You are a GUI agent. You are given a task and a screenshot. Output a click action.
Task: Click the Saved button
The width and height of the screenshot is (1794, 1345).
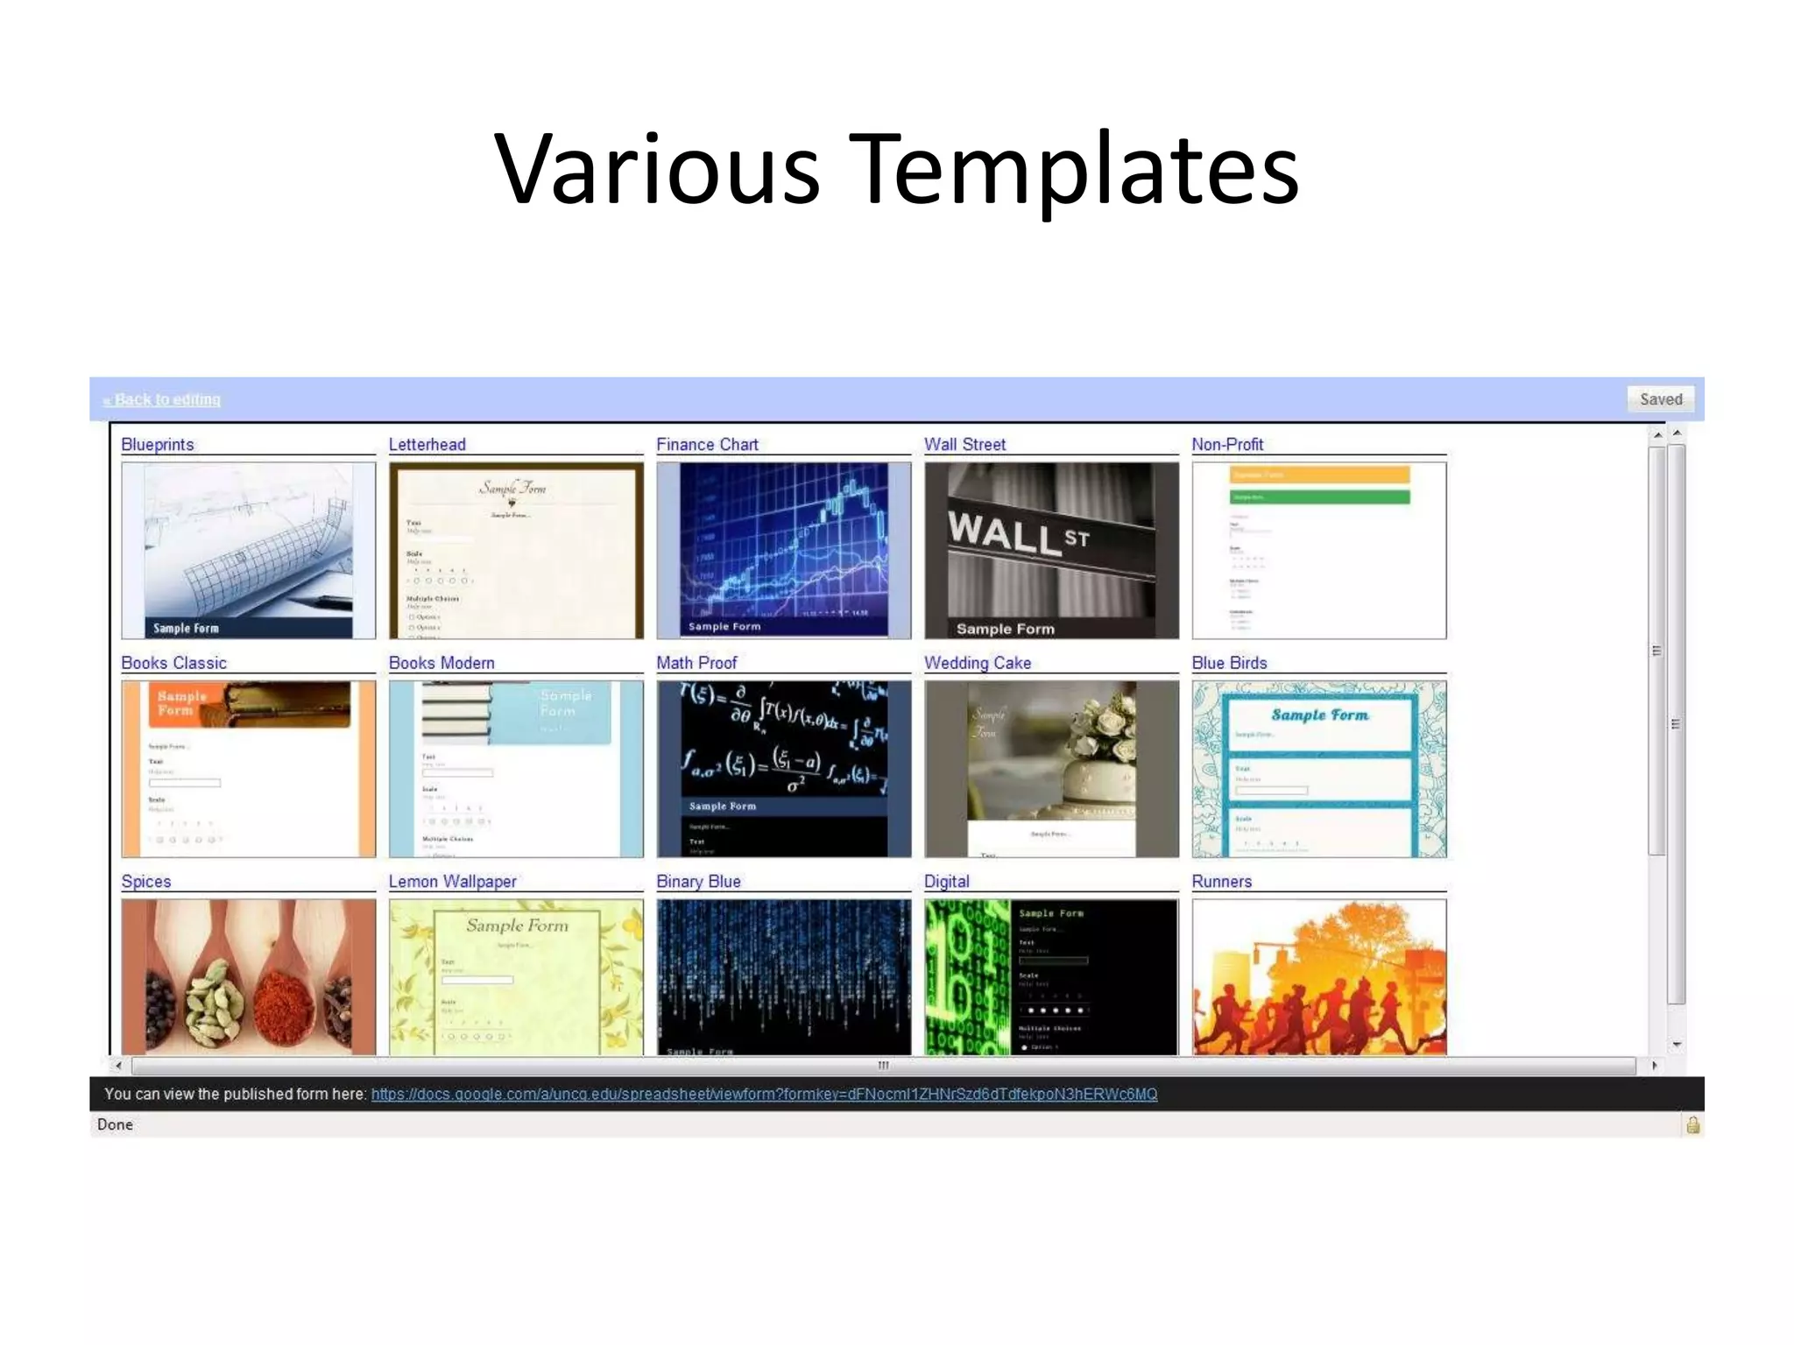point(1660,399)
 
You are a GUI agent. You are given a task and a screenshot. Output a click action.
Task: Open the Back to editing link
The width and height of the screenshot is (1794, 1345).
point(162,400)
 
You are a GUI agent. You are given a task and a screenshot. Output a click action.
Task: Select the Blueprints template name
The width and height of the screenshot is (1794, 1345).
point(158,445)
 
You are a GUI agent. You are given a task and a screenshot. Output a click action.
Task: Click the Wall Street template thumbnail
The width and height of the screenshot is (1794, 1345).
point(1051,550)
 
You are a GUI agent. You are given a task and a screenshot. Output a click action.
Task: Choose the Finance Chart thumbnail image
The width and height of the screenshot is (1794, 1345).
point(783,550)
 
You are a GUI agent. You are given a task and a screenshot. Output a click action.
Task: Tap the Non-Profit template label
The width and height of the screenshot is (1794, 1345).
point(1227,445)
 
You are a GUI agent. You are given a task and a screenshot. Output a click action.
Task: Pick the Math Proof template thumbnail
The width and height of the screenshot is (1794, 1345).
point(783,769)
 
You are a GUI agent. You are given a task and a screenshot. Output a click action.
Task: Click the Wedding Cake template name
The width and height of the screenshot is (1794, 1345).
point(978,664)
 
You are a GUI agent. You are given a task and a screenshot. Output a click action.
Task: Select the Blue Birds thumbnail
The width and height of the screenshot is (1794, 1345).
point(1318,769)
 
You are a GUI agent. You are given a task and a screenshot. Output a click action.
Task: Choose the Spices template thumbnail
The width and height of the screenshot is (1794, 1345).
point(248,976)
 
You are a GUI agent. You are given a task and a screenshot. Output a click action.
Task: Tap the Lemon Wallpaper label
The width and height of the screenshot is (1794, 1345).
point(452,882)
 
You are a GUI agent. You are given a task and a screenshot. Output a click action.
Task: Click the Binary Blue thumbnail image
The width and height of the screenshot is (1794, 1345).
point(783,976)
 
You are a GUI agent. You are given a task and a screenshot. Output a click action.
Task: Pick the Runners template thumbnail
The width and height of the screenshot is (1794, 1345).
point(1318,976)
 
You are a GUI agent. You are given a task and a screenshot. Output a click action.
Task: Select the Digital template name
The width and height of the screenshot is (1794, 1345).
point(947,882)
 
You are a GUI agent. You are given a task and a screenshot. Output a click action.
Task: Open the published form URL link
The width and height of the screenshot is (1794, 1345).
point(764,1095)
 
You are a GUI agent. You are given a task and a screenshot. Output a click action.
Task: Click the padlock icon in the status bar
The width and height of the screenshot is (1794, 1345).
point(1693,1125)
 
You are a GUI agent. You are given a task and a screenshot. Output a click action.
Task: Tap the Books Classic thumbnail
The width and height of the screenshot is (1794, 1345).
point(248,769)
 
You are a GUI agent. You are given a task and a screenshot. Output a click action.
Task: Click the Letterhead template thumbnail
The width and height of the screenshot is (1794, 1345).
point(516,550)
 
